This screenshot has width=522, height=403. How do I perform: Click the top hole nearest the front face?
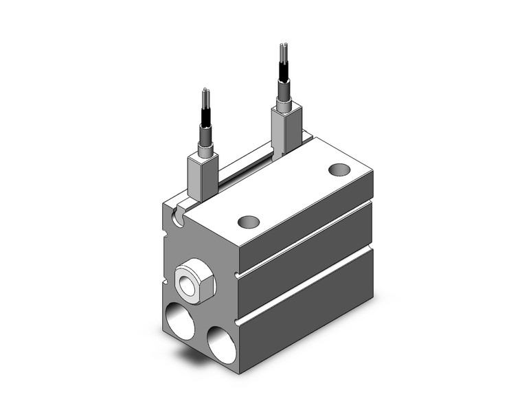coord(249,222)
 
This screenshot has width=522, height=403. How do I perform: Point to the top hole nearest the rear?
coord(338,170)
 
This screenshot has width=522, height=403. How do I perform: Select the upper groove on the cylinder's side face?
coord(306,237)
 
